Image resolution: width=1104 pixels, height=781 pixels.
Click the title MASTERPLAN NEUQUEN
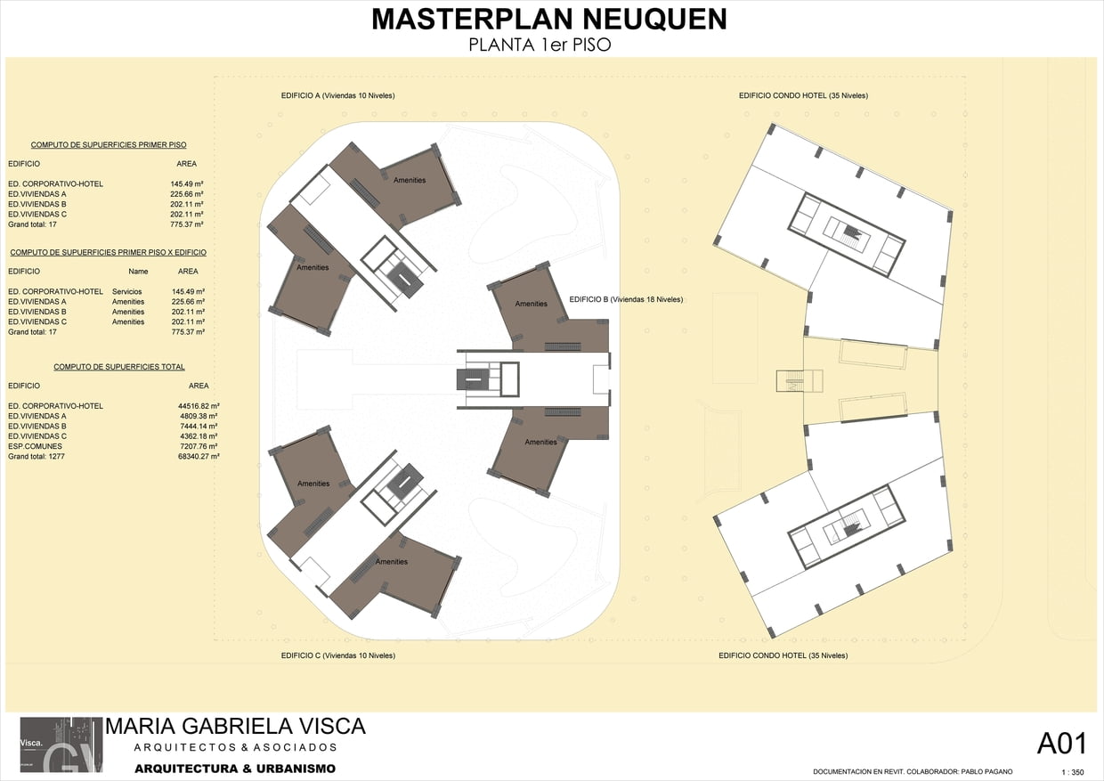click(549, 20)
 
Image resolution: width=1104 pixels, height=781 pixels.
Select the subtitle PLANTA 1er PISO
click(540, 45)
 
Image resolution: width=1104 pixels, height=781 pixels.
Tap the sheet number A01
click(1062, 744)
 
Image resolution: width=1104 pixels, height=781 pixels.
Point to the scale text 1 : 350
click(1073, 773)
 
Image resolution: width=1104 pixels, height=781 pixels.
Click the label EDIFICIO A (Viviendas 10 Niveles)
click(337, 95)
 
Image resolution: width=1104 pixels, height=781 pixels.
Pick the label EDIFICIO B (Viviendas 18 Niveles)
click(626, 299)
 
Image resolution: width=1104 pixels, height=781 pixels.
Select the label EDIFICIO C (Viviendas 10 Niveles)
click(338, 655)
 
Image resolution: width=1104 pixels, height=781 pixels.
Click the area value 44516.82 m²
click(199, 406)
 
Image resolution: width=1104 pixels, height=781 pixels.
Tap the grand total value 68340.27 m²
click(199, 457)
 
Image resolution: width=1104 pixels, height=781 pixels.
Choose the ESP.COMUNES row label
click(35, 446)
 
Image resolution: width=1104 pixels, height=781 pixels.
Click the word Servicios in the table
click(126, 292)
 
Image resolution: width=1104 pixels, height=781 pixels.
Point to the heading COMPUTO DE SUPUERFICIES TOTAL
click(119, 367)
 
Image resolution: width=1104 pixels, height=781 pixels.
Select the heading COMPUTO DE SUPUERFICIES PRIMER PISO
click(109, 145)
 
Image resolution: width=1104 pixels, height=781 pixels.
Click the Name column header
click(138, 272)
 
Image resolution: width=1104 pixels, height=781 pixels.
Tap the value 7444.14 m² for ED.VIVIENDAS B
click(199, 426)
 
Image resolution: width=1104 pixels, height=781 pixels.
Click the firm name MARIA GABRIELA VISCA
click(236, 727)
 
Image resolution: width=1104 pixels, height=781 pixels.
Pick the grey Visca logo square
click(61, 744)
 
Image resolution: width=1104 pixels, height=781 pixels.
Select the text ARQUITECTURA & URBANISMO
click(235, 769)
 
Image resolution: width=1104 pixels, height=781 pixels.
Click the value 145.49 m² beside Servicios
click(188, 292)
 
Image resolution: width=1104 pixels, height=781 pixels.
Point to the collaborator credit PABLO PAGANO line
click(913, 772)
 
